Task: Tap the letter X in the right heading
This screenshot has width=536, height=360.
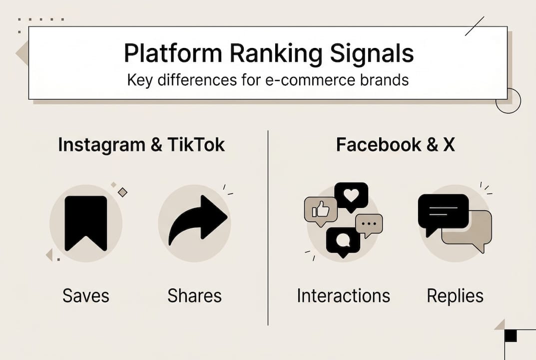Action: click(448, 145)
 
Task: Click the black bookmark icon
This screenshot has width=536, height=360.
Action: click(86, 222)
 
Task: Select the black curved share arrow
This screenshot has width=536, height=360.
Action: click(197, 220)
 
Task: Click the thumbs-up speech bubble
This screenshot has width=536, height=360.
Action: click(320, 209)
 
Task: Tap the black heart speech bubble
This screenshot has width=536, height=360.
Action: click(351, 195)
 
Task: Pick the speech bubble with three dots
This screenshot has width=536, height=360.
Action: click(369, 224)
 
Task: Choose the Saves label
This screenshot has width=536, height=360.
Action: click(86, 295)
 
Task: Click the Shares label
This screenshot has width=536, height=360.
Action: click(194, 295)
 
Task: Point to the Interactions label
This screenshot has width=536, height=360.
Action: click(343, 295)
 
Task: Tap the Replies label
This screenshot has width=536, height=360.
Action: click(455, 295)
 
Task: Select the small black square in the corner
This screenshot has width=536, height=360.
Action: click(511, 335)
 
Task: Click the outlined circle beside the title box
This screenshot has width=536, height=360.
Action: click(508, 100)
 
